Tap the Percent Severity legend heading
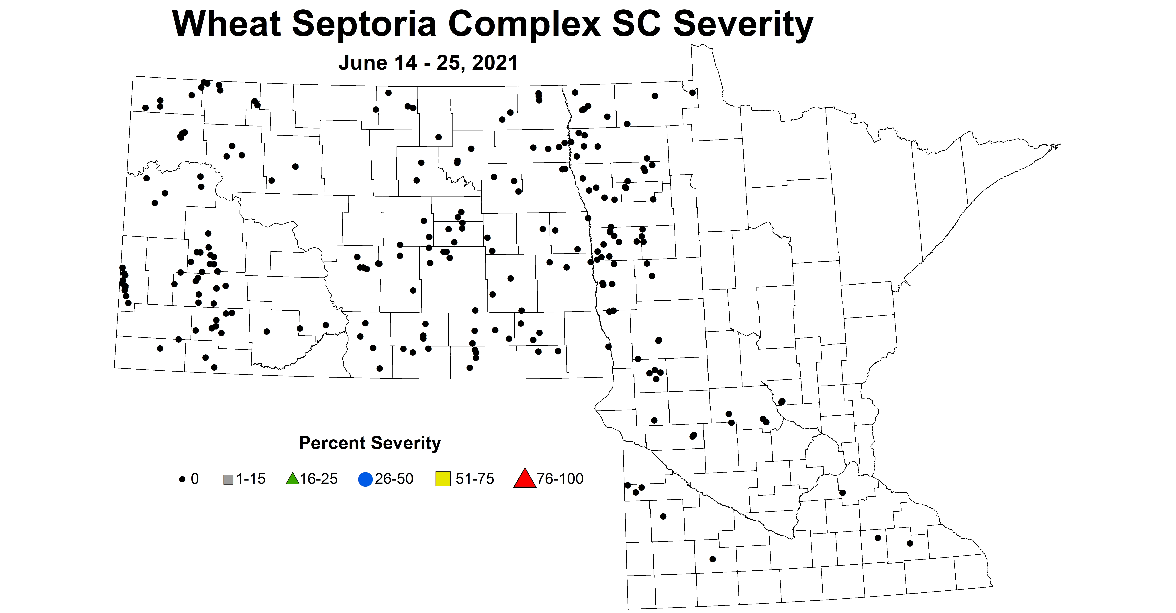coord(370,443)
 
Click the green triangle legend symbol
coord(292,479)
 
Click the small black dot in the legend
coord(182,479)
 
